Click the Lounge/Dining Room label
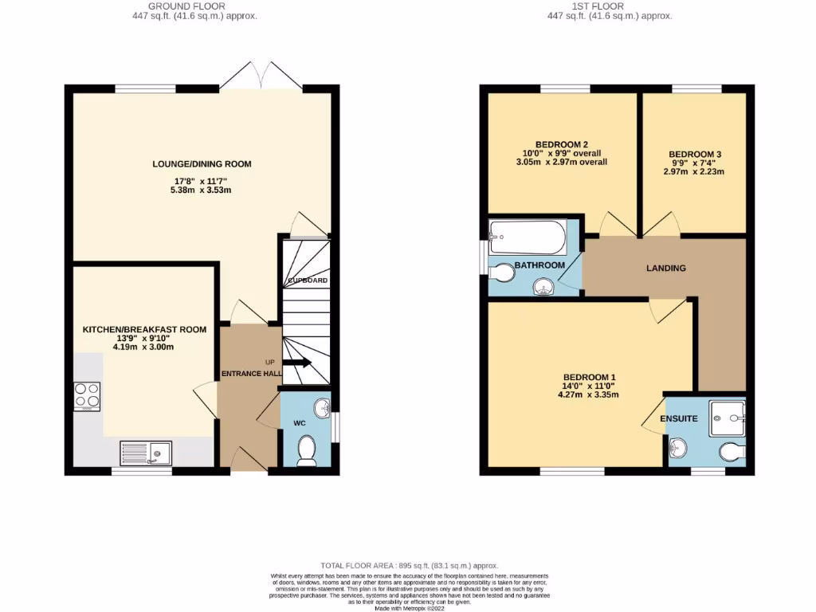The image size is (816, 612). tap(202, 164)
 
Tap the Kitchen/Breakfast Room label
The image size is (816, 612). tap(144, 329)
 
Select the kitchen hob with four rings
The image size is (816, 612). tap(87, 396)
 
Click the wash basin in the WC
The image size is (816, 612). tap(321, 409)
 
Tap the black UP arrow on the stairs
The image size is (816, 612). tap(296, 363)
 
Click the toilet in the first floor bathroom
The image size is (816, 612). tap(502, 274)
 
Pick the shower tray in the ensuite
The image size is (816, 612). tap(728, 414)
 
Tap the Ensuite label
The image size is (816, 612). tap(678, 418)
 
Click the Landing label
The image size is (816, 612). tap(665, 269)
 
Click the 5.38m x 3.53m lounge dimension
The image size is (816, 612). tap(202, 191)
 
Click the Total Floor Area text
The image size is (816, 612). tap(408, 564)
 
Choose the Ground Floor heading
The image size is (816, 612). tap(194, 6)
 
